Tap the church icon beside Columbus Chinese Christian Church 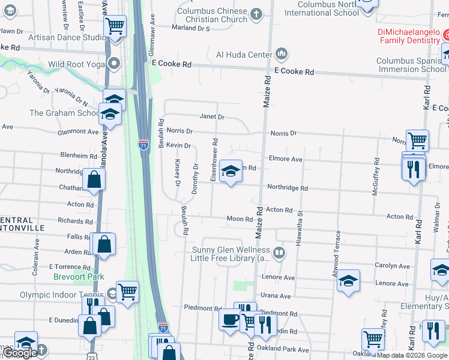[x=256, y=14]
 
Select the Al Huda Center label [x=244, y=55]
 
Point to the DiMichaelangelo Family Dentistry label [x=409, y=36]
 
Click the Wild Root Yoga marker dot [x=115, y=64]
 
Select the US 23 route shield [x=91, y=355]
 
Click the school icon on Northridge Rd [x=229, y=172]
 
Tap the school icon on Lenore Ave [x=348, y=281]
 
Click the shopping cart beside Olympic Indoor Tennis [x=127, y=292]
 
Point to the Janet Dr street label [x=212, y=118]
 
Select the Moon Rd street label [x=239, y=219]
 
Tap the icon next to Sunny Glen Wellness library [x=279, y=253]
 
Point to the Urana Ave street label [x=276, y=296]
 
